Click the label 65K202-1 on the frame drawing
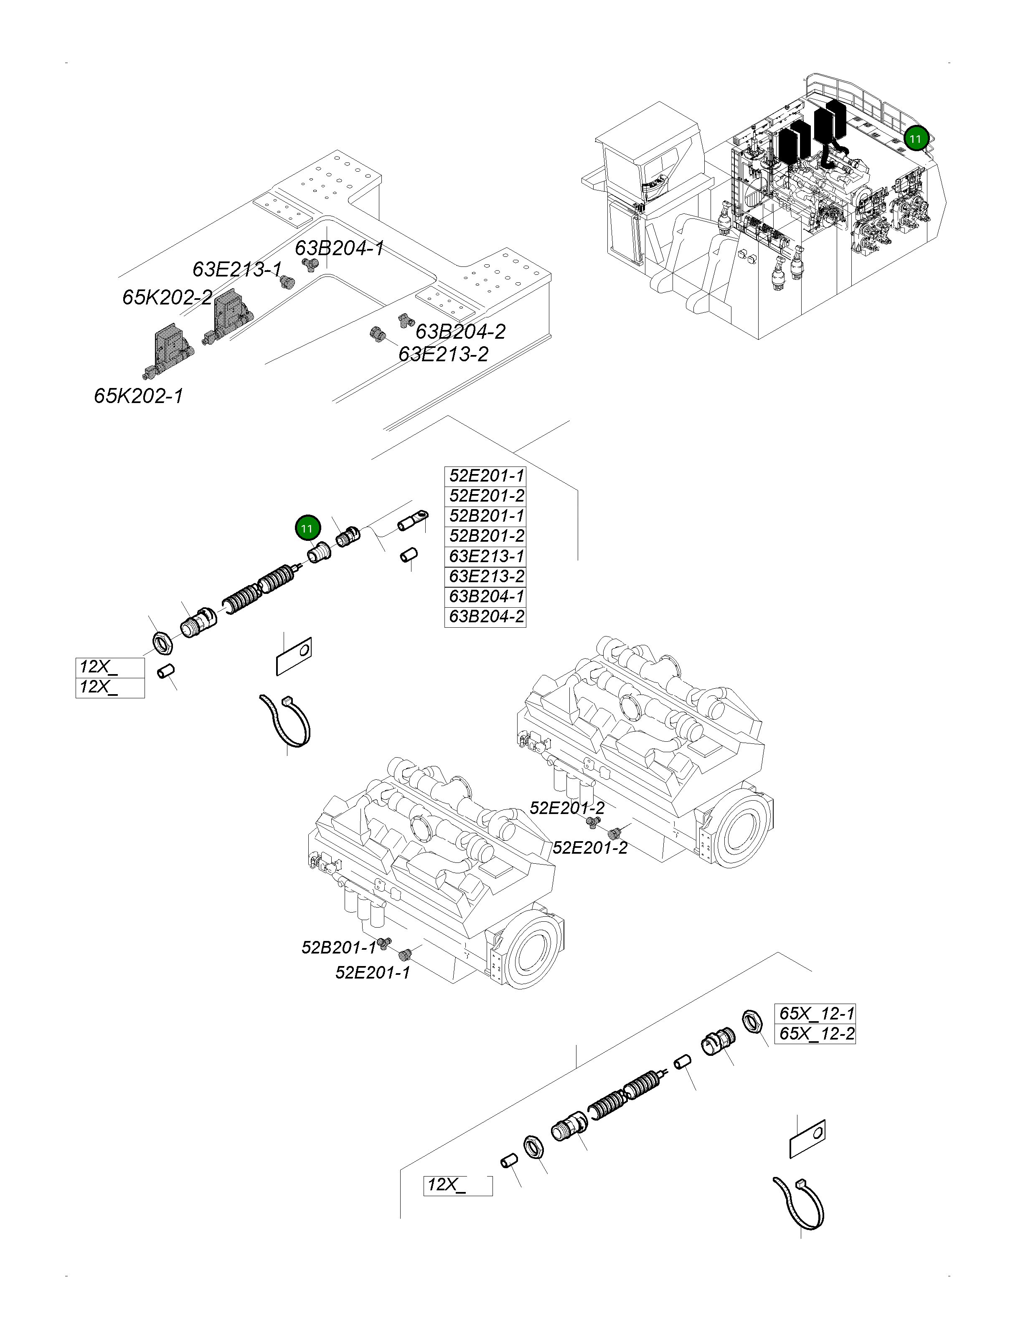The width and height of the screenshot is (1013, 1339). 139,396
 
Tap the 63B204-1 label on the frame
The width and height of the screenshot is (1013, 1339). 339,248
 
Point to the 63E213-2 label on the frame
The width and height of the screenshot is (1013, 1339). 443,354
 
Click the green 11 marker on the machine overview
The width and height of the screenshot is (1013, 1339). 915,139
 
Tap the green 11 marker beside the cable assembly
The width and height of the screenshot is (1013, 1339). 307,528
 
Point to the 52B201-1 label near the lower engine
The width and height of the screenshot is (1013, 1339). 338,947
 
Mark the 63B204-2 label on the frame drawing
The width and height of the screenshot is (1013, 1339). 460,332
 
